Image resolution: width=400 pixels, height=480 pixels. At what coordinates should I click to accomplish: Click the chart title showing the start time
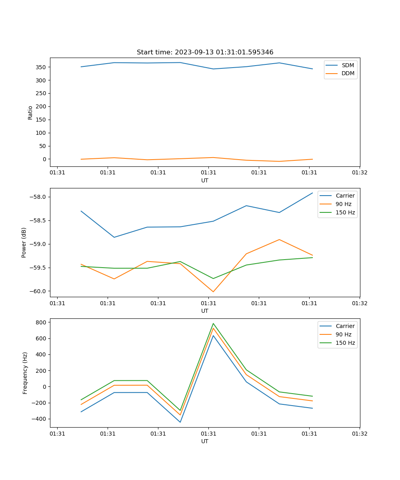(x=205, y=52)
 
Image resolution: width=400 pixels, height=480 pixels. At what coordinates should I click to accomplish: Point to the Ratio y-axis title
(x=30, y=112)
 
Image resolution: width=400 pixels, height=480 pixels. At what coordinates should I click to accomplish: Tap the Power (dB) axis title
(x=24, y=242)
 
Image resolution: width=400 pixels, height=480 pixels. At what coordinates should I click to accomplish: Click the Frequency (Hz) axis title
(x=25, y=373)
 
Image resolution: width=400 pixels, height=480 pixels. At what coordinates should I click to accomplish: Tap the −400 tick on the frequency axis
(x=40, y=419)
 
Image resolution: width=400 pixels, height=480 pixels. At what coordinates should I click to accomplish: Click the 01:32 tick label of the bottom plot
(x=360, y=434)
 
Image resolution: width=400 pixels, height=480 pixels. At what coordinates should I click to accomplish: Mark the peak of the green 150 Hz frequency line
(x=213, y=324)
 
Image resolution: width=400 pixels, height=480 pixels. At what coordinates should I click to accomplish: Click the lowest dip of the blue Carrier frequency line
(x=180, y=422)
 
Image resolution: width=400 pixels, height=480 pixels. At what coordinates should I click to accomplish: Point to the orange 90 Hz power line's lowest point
(x=213, y=292)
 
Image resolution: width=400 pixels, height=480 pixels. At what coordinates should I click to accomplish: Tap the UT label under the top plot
(x=205, y=180)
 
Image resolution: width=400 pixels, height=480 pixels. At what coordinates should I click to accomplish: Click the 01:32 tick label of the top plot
(x=360, y=173)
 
